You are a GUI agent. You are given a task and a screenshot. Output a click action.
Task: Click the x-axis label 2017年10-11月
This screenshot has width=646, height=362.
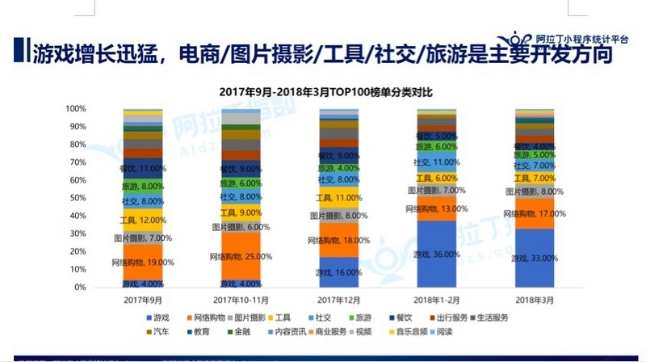240,299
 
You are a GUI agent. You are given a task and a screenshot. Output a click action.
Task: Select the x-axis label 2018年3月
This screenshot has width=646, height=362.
534,299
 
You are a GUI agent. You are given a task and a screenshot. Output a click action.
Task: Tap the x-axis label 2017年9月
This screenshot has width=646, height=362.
142,299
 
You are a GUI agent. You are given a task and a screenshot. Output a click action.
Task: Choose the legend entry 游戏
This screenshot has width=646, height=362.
167,318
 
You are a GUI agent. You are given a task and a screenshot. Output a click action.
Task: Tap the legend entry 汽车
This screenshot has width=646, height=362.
167,331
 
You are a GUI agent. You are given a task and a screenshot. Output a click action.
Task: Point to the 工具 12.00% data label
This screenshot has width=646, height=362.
143,221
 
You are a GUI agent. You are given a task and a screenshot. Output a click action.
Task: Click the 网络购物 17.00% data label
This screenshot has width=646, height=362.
534,214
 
